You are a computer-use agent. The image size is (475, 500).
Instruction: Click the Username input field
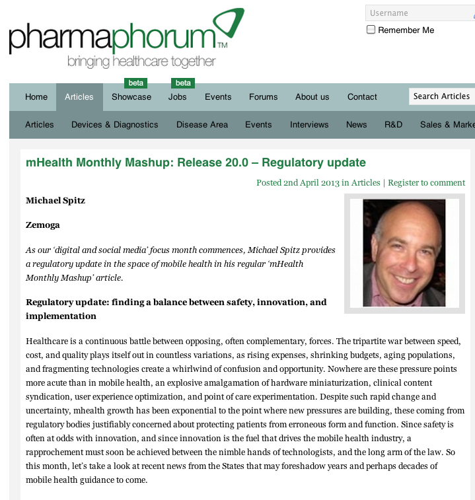coord(420,13)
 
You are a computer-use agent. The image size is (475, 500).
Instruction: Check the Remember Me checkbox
coord(371,30)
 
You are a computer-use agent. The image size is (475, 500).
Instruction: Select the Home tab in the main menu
coord(36,97)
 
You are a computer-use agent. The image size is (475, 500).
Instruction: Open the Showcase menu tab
coord(131,97)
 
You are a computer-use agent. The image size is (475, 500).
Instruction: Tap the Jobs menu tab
coord(178,97)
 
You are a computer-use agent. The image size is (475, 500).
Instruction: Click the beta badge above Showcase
coord(136,83)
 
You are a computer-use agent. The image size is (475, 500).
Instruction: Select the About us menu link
coord(312,97)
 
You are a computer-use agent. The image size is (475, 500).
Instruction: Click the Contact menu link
coord(362,97)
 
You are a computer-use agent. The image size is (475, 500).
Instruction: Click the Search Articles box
coord(441,96)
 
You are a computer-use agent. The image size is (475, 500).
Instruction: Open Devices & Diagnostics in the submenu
coord(115,125)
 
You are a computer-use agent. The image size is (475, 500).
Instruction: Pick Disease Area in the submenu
coord(202,125)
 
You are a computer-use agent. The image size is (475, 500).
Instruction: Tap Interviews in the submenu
coord(309,125)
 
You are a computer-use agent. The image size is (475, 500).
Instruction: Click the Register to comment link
coord(426,183)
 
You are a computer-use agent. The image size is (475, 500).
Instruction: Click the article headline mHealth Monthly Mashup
coord(196,162)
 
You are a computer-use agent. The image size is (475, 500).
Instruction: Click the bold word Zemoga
coord(43,225)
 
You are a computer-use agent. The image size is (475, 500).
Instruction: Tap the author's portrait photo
coord(404,253)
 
